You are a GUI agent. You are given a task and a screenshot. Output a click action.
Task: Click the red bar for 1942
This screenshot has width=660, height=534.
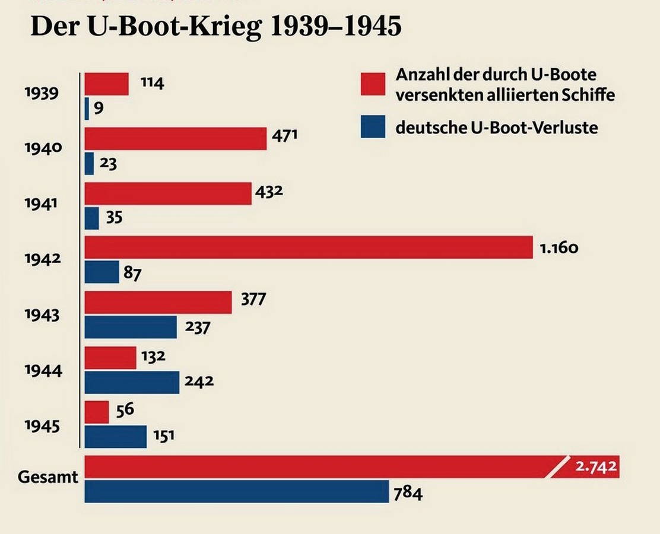point(309,247)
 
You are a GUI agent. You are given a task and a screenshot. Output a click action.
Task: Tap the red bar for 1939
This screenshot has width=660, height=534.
point(107,84)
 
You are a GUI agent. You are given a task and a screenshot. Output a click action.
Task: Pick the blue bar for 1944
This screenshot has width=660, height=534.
point(132,382)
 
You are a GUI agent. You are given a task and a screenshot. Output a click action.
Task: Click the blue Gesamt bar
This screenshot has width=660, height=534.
point(236,492)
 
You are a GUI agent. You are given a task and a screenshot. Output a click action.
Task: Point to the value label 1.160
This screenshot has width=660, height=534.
point(559,247)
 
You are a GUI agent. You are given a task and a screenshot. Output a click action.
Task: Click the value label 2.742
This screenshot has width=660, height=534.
point(596,467)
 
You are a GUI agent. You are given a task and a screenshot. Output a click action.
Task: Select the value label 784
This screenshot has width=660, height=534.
point(408,492)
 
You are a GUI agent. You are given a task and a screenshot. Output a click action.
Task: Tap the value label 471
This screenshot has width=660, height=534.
point(284,136)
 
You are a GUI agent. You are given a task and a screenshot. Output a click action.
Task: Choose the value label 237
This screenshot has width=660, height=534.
point(198,327)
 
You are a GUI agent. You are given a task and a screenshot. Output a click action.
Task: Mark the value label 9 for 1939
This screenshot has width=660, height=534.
point(99,109)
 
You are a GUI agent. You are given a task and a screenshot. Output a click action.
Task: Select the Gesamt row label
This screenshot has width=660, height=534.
point(48,477)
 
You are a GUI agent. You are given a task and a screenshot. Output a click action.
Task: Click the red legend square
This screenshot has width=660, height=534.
point(373,84)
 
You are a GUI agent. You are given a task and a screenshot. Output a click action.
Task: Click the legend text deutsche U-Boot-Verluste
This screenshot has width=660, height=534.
point(496,126)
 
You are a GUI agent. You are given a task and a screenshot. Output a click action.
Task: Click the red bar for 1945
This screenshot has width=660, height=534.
point(97,412)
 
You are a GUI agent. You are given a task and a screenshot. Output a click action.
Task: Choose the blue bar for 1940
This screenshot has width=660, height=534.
point(89,164)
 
